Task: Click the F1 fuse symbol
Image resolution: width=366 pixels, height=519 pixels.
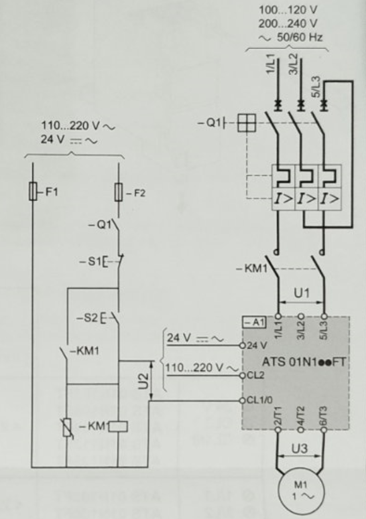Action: click(x=33, y=191)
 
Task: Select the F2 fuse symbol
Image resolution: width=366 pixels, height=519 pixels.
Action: click(x=119, y=192)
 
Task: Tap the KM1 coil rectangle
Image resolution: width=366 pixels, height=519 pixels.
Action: click(x=118, y=427)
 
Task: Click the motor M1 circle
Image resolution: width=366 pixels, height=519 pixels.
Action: click(x=300, y=493)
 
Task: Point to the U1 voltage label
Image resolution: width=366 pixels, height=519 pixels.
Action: click(x=302, y=293)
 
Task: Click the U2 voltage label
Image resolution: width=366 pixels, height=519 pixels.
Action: click(x=142, y=381)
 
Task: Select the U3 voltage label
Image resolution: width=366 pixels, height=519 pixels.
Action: click(x=300, y=449)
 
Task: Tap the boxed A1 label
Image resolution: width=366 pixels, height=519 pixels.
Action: click(x=254, y=322)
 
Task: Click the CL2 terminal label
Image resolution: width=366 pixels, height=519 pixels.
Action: click(x=255, y=375)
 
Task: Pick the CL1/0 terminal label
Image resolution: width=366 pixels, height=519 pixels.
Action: click(x=259, y=400)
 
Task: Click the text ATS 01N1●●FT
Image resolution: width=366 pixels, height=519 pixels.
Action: click(x=304, y=362)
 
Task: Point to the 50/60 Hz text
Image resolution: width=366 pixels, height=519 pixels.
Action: click(x=300, y=37)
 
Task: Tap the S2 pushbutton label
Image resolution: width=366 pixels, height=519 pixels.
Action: click(x=87, y=318)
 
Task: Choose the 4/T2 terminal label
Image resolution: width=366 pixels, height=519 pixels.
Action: click(x=301, y=416)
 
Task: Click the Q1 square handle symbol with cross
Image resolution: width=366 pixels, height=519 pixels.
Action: click(x=247, y=123)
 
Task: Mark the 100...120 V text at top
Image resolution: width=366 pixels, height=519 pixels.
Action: click(x=288, y=9)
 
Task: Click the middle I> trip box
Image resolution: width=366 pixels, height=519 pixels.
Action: click(x=306, y=199)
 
